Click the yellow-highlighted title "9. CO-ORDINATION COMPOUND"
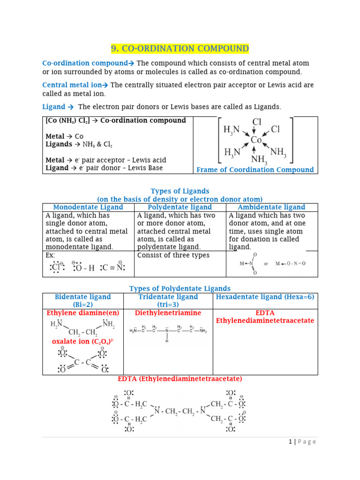click(x=180, y=49)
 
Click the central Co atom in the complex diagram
click(x=256, y=140)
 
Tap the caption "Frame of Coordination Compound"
click(x=255, y=170)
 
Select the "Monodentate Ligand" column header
click(x=88, y=207)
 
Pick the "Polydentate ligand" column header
click(x=180, y=207)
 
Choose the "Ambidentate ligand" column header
click(x=271, y=207)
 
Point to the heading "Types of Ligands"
click(x=180, y=191)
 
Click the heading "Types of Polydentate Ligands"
click(x=180, y=288)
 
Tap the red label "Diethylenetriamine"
click(x=168, y=313)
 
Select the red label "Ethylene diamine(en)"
click(x=82, y=313)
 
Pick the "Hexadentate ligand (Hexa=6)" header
click(x=265, y=297)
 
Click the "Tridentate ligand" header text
click(x=168, y=297)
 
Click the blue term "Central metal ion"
click(x=72, y=85)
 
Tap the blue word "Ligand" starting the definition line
click(x=54, y=107)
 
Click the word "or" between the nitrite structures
click(x=266, y=264)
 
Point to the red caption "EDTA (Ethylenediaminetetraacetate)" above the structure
click(x=180, y=379)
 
